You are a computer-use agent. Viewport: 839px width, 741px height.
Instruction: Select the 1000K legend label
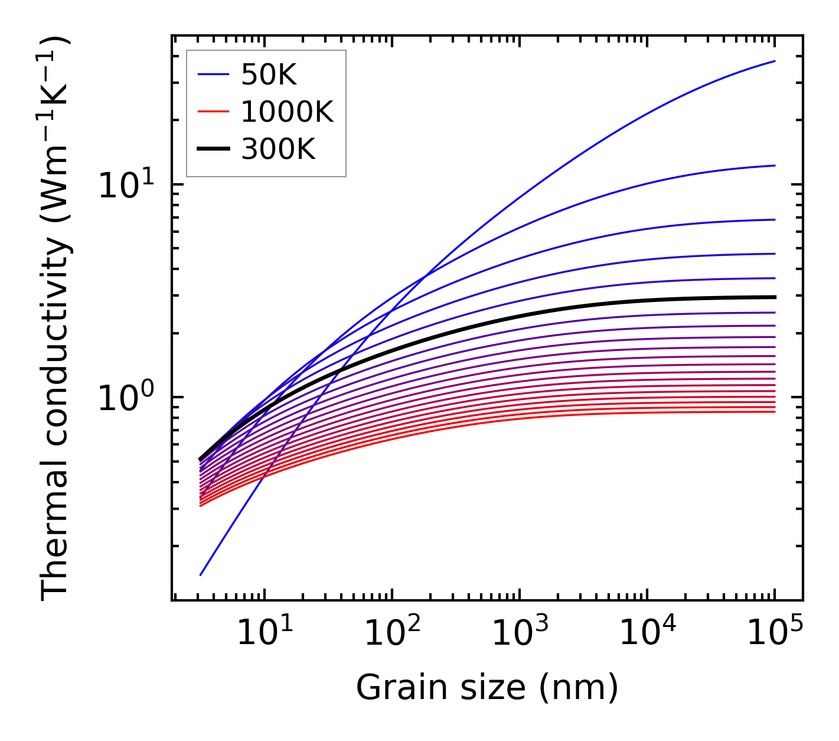coord(287,112)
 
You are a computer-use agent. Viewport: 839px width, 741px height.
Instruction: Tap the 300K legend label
coord(278,149)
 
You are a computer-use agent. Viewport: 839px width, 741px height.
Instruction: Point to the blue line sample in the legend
coord(213,74)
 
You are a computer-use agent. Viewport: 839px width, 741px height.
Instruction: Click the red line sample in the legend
coord(213,112)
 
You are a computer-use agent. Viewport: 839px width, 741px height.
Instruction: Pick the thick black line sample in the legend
coord(213,149)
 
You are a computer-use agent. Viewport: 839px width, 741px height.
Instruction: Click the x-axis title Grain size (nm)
coord(487,687)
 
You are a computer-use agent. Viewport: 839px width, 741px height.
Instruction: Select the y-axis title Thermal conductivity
coord(56,319)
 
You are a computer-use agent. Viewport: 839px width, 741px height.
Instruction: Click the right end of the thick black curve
coord(774,297)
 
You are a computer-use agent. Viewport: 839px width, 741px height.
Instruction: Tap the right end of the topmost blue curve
coord(774,61)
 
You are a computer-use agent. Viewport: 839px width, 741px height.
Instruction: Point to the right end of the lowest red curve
coord(774,411)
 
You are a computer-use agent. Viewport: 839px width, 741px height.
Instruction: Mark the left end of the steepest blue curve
coord(201,574)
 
